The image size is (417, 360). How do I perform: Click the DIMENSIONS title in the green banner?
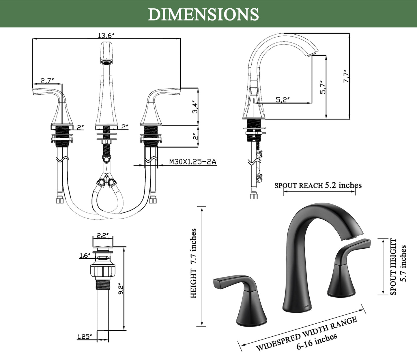click(x=203, y=14)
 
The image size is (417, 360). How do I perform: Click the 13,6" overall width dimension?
click(x=106, y=35)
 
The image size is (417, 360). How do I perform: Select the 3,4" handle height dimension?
click(x=195, y=107)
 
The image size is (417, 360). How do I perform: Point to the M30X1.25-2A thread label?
click(x=192, y=162)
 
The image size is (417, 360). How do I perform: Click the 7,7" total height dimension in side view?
click(x=346, y=77)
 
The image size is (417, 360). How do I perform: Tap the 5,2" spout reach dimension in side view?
click(x=283, y=100)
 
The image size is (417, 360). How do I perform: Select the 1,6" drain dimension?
click(x=85, y=255)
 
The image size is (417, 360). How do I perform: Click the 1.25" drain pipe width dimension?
click(x=85, y=336)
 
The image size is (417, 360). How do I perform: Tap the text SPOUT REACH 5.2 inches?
click(x=318, y=185)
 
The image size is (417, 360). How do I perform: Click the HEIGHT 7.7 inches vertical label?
click(x=193, y=263)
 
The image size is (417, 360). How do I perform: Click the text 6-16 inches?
click(x=317, y=341)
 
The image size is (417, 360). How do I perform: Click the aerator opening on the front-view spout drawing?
click(x=106, y=62)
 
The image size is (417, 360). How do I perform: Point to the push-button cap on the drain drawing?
click(x=102, y=244)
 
